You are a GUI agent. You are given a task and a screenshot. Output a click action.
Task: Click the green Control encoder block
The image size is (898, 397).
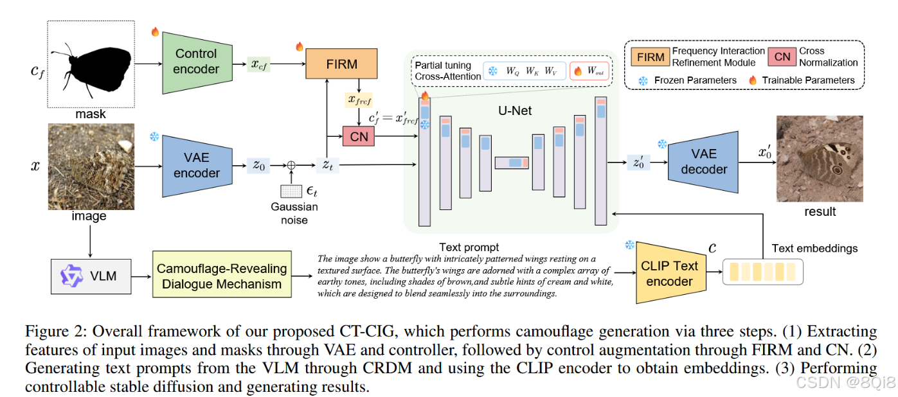196,62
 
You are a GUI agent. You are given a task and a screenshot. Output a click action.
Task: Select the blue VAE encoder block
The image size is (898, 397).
197,166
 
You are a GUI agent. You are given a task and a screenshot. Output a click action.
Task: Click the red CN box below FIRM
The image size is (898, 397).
359,136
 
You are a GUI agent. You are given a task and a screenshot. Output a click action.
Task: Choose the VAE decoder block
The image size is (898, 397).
703,162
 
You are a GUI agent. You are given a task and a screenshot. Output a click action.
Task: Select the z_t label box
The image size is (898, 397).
328,166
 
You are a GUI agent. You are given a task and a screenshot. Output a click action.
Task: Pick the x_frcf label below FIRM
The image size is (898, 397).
359,100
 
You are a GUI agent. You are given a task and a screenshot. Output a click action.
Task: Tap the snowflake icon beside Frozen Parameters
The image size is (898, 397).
643,80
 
